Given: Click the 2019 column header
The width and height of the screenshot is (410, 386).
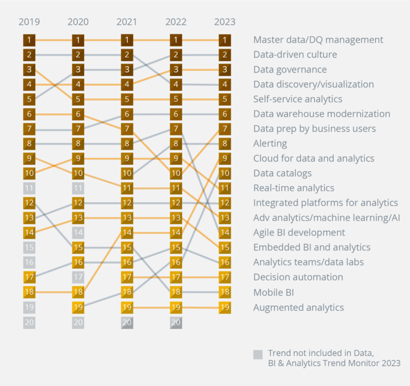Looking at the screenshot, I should pos(29,22).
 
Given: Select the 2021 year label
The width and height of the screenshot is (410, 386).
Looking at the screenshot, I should pos(127,22).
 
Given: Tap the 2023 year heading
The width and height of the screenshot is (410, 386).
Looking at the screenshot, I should pos(225,22).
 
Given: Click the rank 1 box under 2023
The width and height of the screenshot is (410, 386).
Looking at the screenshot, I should pos(225,40).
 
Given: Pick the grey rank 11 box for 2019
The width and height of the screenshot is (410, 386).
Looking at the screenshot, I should pos(29,188).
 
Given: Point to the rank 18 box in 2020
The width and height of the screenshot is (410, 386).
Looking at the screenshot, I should pos(78,292).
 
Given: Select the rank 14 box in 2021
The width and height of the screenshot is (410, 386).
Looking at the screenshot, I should pos(127,233).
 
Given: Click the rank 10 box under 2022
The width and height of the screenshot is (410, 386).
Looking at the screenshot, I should pos(176,173).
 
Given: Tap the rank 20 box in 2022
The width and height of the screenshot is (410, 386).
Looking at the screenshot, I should pos(176,322).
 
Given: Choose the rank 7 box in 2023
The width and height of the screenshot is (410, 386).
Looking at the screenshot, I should pos(225,129).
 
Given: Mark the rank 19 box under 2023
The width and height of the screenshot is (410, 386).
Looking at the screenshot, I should pos(225,307).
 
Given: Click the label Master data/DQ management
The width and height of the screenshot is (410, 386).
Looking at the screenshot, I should pos(318,40).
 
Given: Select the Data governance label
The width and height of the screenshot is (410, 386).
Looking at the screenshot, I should pos(290,70).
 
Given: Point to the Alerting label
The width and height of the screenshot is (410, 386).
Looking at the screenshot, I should pos(270,144).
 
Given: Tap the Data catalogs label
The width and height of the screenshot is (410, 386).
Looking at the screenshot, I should pos(282,173).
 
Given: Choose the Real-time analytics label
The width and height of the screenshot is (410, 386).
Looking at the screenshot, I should pos(294,188).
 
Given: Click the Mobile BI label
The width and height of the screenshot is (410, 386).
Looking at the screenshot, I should pos(273,293).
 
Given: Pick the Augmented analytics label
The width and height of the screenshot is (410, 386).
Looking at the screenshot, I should pos(298,307).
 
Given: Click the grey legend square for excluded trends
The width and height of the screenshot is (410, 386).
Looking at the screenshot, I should pos(258,355).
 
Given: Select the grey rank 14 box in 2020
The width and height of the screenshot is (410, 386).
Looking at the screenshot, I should pos(78,233).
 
